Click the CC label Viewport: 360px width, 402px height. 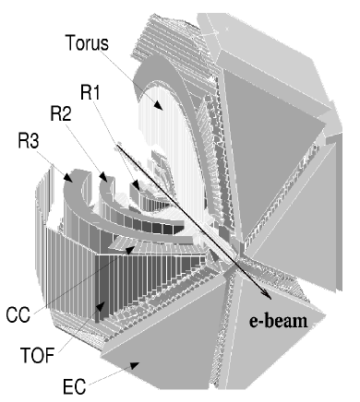pos(41,313)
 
